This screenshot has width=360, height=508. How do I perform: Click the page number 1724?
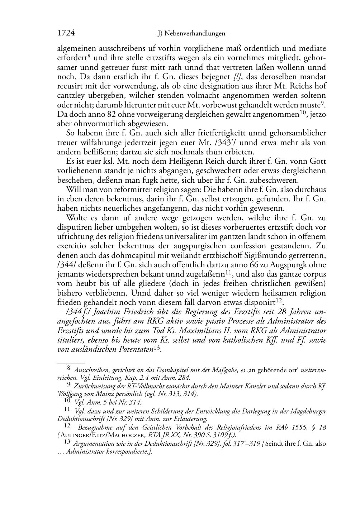click(66, 33)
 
